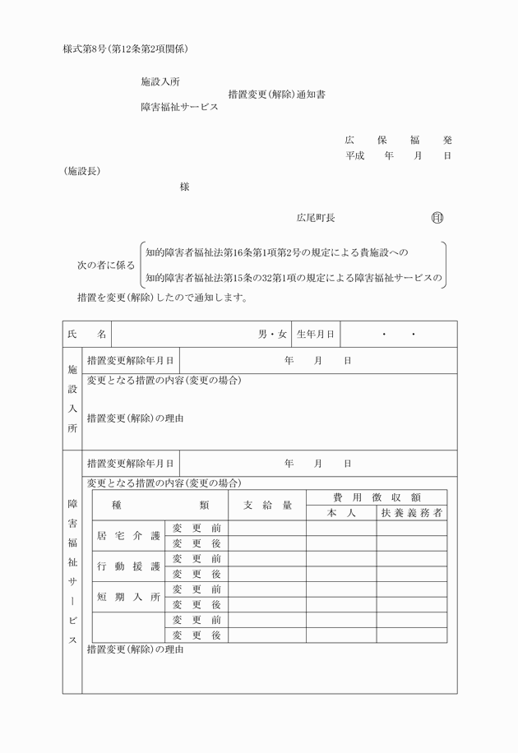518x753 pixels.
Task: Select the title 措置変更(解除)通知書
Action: pyautogui.click(x=276, y=95)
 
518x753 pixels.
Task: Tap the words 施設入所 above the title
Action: pyautogui.click(x=160, y=82)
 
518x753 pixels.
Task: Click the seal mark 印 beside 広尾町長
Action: pyautogui.click(x=437, y=218)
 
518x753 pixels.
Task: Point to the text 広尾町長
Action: pyautogui.click(x=315, y=218)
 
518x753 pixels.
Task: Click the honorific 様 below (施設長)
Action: pyautogui.click(x=184, y=187)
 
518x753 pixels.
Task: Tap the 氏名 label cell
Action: pyautogui.click(x=87, y=335)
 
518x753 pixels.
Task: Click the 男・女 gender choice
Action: pyautogui.click(x=272, y=335)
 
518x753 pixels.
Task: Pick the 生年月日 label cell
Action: pyautogui.click(x=316, y=335)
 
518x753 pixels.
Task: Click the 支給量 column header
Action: pyautogui.click(x=267, y=506)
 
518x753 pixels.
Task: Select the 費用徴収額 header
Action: pyautogui.click(x=377, y=497)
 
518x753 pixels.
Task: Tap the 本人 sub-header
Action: pyautogui.click(x=340, y=513)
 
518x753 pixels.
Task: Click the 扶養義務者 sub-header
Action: pyautogui.click(x=412, y=513)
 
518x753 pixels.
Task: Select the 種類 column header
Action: pyautogui.click(x=160, y=506)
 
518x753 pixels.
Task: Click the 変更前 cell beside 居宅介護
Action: pyautogui.click(x=197, y=528)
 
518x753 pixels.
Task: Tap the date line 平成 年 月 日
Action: pyautogui.click(x=398, y=155)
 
